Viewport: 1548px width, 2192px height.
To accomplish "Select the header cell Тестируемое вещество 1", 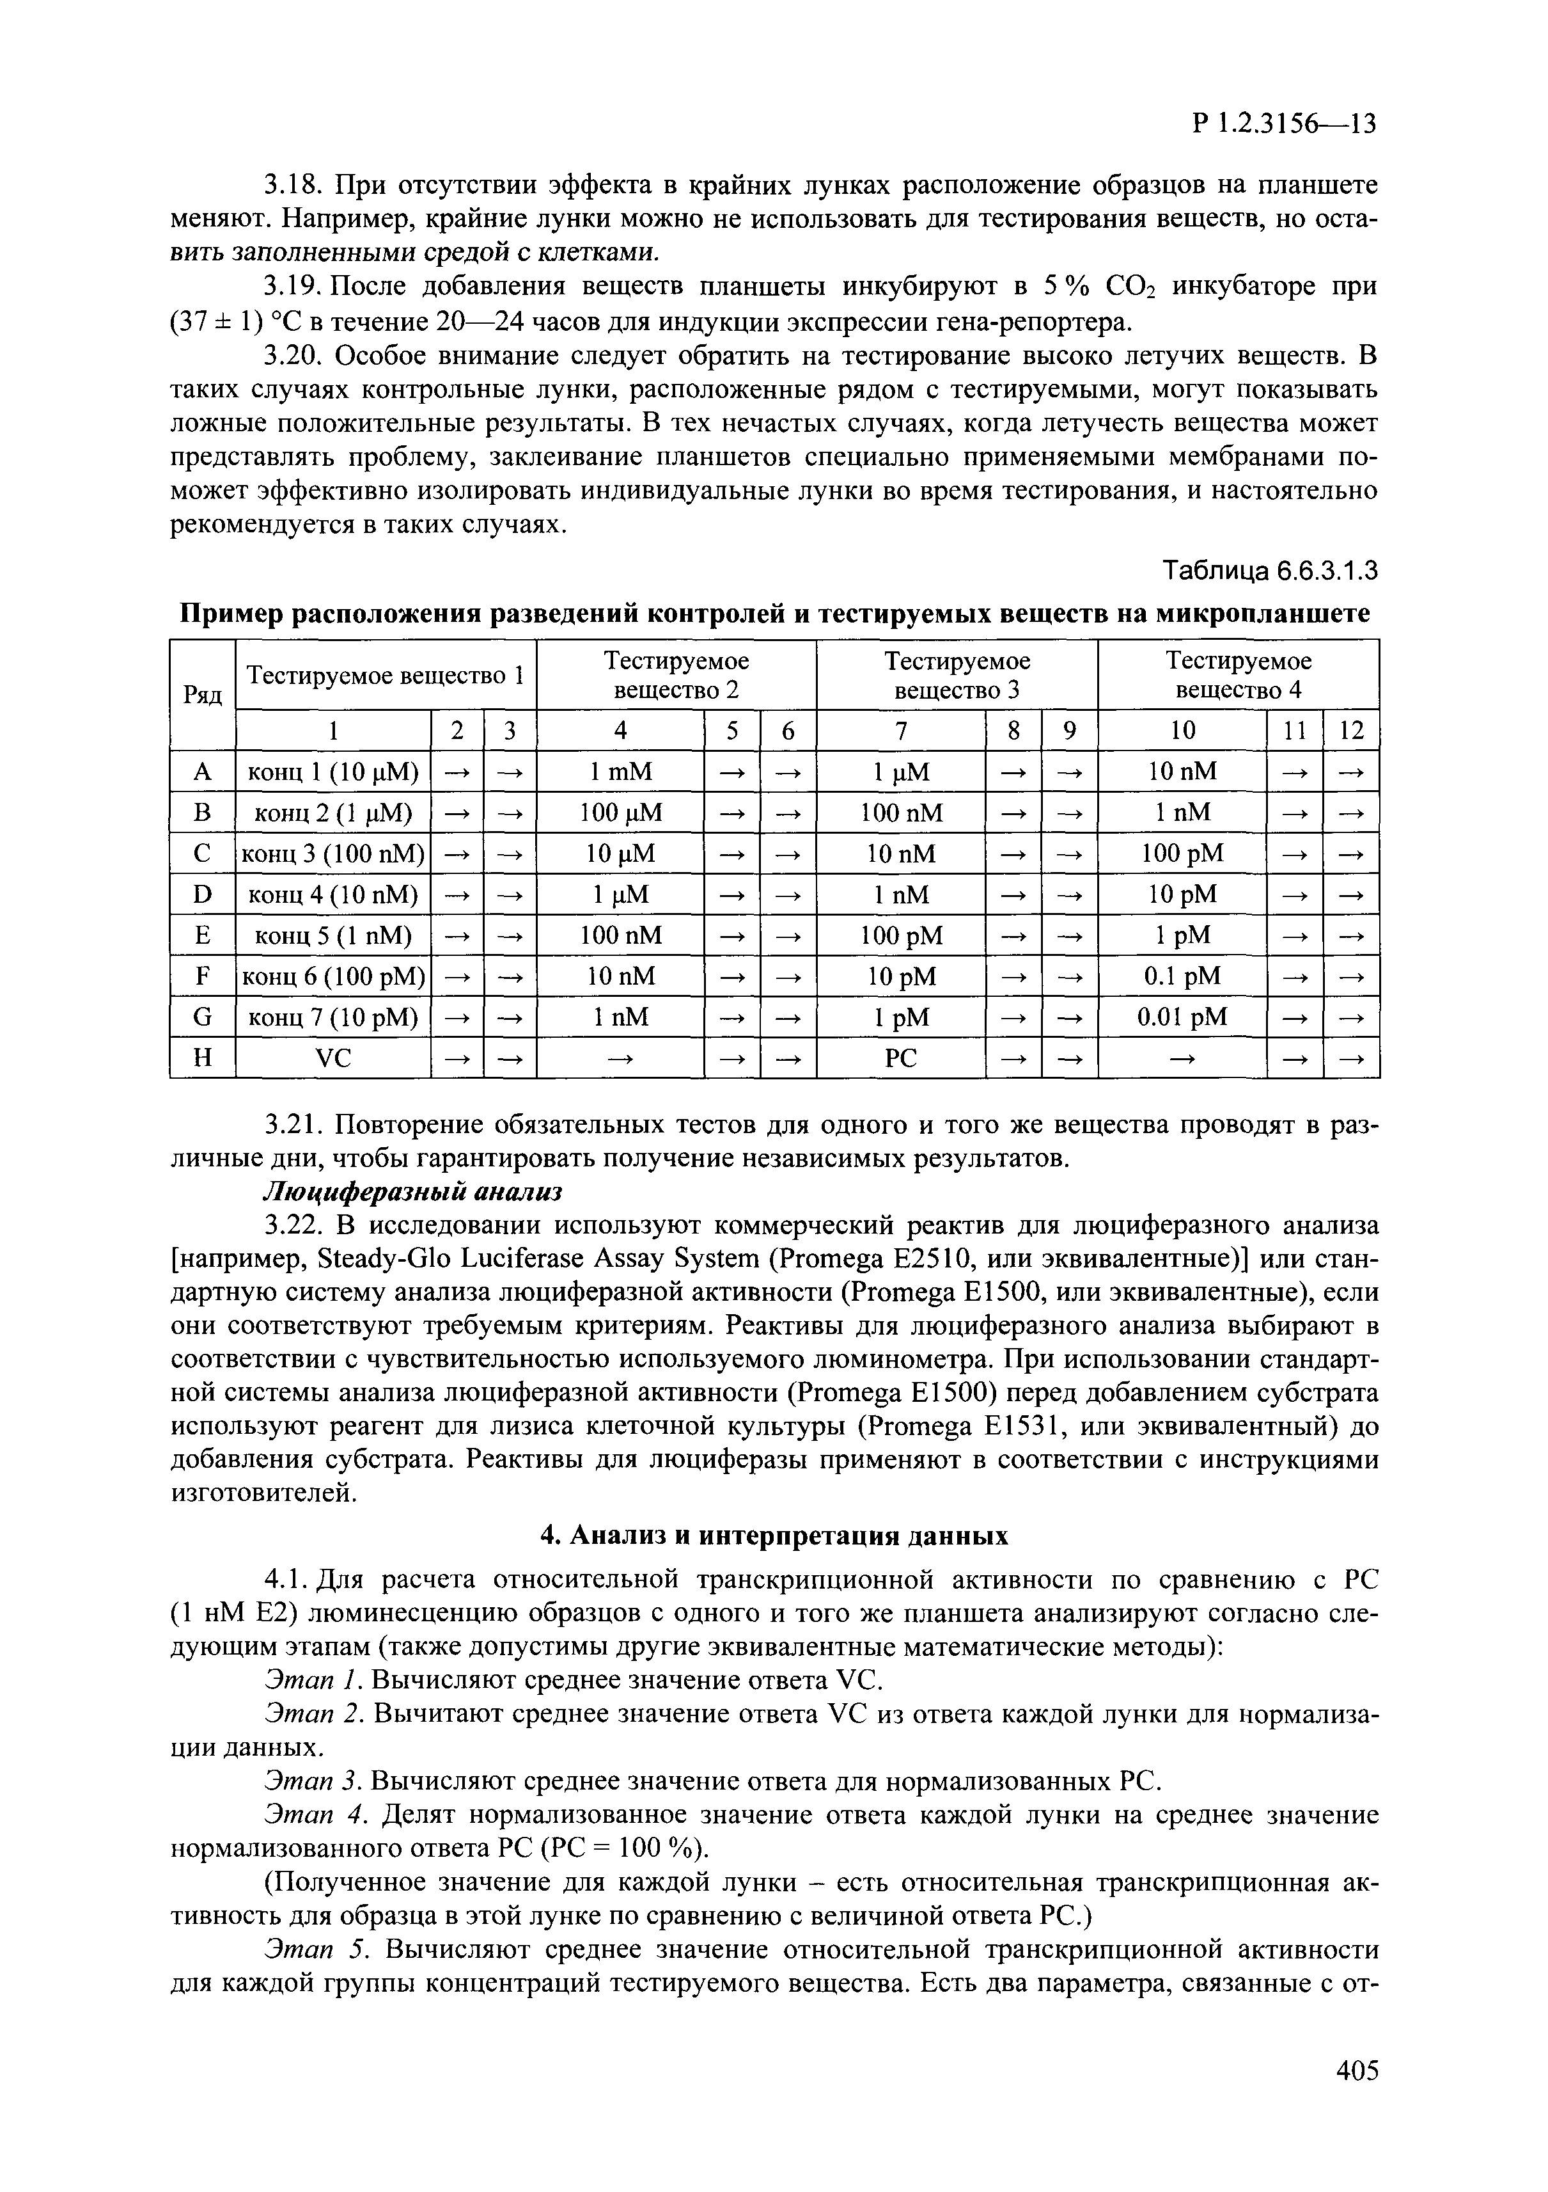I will coord(386,675).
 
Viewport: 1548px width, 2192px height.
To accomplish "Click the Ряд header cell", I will coord(202,695).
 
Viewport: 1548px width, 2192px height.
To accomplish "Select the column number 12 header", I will coord(1352,731).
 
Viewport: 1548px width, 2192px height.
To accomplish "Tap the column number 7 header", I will coord(901,731).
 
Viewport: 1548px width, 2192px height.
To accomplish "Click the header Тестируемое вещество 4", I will coord(1239,675).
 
